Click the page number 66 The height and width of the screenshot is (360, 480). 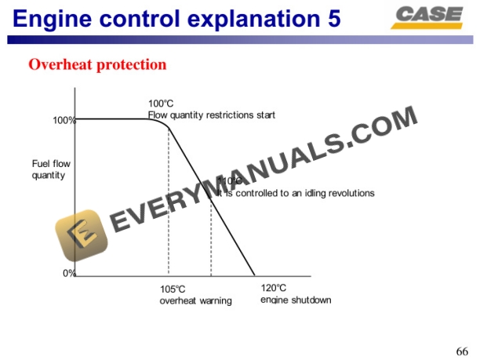[462, 350]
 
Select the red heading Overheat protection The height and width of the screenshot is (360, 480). [97, 64]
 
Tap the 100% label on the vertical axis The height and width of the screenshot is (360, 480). [64, 120]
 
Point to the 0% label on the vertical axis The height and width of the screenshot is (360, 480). [68, 273]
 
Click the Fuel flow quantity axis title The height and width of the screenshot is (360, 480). [49, 169]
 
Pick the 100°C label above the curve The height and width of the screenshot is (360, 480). [161, 104]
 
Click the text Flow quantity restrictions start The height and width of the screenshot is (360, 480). [212, 115]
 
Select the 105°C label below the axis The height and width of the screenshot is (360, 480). [173, 289]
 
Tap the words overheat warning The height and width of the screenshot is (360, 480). [195, 300]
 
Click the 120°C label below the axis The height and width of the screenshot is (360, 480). [273, 288]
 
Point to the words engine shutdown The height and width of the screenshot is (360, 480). [296, 300]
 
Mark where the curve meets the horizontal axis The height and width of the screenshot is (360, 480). [255, 275]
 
